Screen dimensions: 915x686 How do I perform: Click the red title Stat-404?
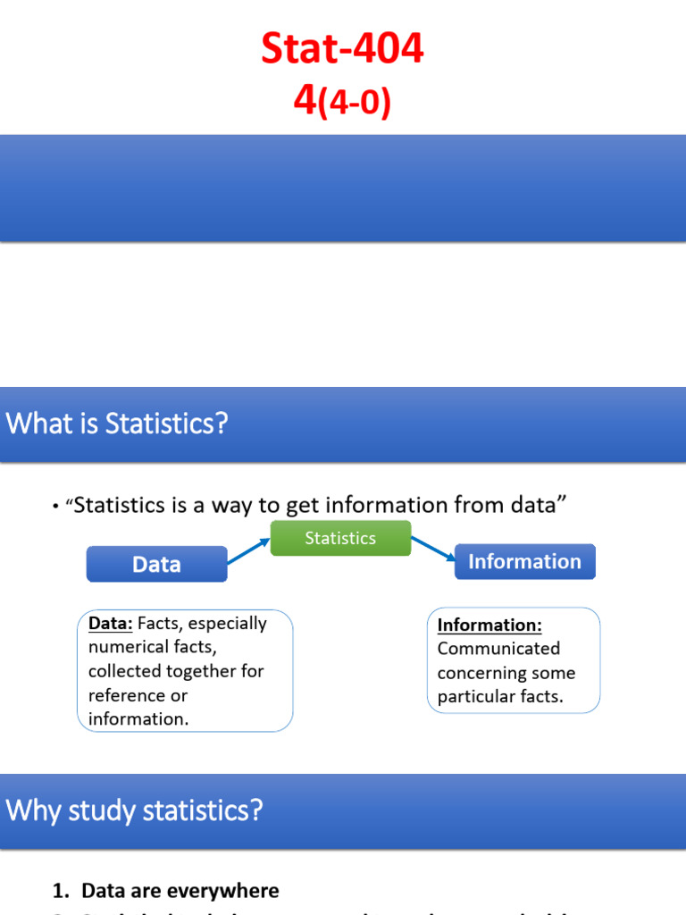click(x=342, y=50)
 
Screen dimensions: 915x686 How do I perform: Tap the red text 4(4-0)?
click(x=342, y=103)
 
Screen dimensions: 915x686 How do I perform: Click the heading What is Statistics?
click(x=117, y=424)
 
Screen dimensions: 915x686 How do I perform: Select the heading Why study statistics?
click(x=135, y=810)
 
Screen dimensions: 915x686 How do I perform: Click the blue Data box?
click(x=156, y=564)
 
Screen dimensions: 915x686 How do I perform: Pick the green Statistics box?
click(x=340, y=538)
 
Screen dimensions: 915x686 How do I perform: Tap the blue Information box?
click(x=524, y=561)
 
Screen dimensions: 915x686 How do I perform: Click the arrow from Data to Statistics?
click(x=248, y=550)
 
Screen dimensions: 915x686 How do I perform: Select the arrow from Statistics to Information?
click(x=433, y=549)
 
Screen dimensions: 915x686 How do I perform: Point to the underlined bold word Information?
click(x=489, y=625)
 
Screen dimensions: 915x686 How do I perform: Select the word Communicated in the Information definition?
click(x=498, y=649)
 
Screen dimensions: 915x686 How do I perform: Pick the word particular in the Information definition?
click(x=475, y=697)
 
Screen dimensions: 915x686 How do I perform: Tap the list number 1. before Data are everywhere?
click(x=61, y=891)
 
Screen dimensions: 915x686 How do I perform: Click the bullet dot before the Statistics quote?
click(x=55, y=508)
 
